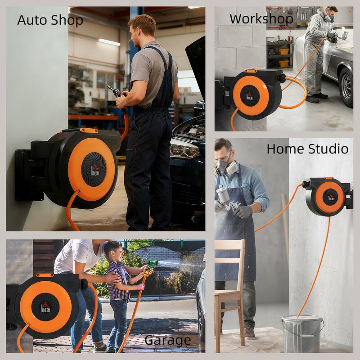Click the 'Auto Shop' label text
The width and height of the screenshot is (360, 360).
[x=50, y=20]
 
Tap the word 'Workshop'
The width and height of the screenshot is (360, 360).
[x=261, y=19]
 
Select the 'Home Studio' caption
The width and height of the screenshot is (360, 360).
[x=307, y=149]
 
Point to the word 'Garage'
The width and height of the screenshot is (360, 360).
[x=167, y=341]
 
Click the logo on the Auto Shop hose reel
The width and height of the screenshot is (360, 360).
[x=95, y=170]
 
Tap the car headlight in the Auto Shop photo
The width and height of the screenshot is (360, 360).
[x=184, y=150]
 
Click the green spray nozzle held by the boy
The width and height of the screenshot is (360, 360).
[x=152, y=265]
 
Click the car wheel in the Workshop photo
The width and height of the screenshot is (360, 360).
[x=346, y=87]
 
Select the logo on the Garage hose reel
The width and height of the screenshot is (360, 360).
[x=45, y=307]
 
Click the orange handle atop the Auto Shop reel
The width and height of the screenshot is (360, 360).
[x=89, y=130]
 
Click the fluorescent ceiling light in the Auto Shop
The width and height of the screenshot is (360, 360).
[x=109, y=42]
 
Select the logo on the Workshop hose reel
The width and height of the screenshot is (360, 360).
[x=250, y=96]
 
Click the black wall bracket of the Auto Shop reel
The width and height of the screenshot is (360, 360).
[x=29, y=175]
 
